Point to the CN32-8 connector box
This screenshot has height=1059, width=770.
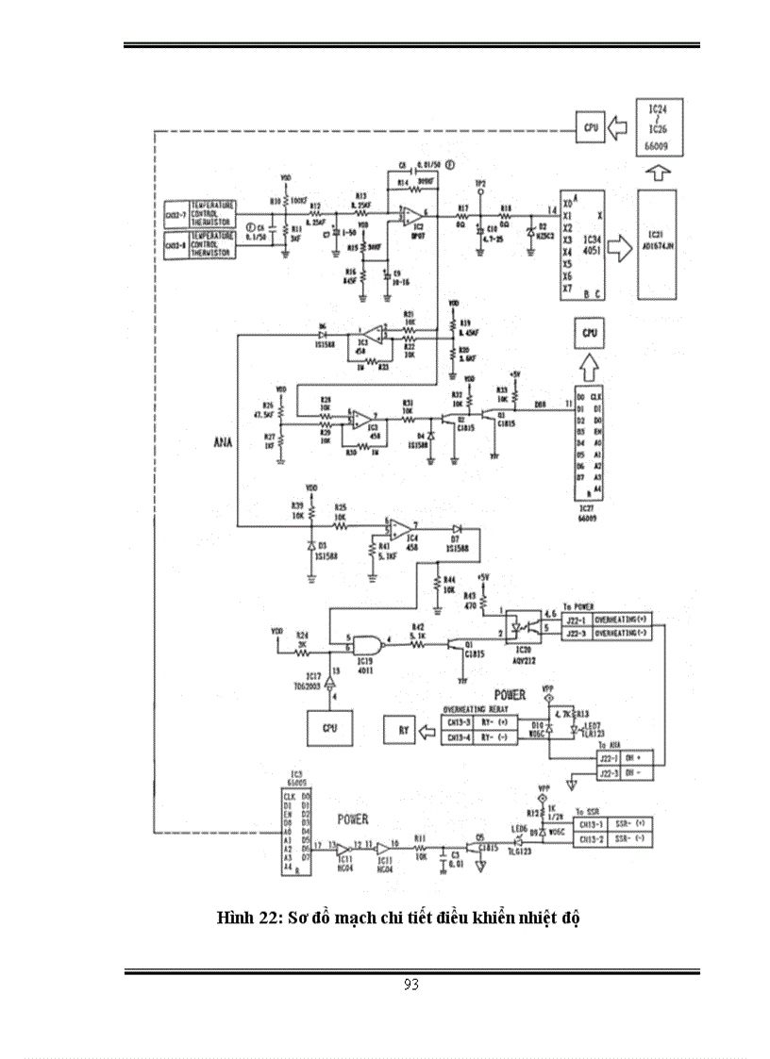(x=176, y=245)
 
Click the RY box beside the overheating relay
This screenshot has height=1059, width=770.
(x=400, y=730)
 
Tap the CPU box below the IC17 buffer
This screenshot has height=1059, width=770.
(x=329, y=727)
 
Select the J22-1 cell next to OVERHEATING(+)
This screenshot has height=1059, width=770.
(x=578, y=619)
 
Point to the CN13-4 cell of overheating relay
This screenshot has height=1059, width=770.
(x=460, y=736)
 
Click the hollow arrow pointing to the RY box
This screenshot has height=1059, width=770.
(x=430, y=730)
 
